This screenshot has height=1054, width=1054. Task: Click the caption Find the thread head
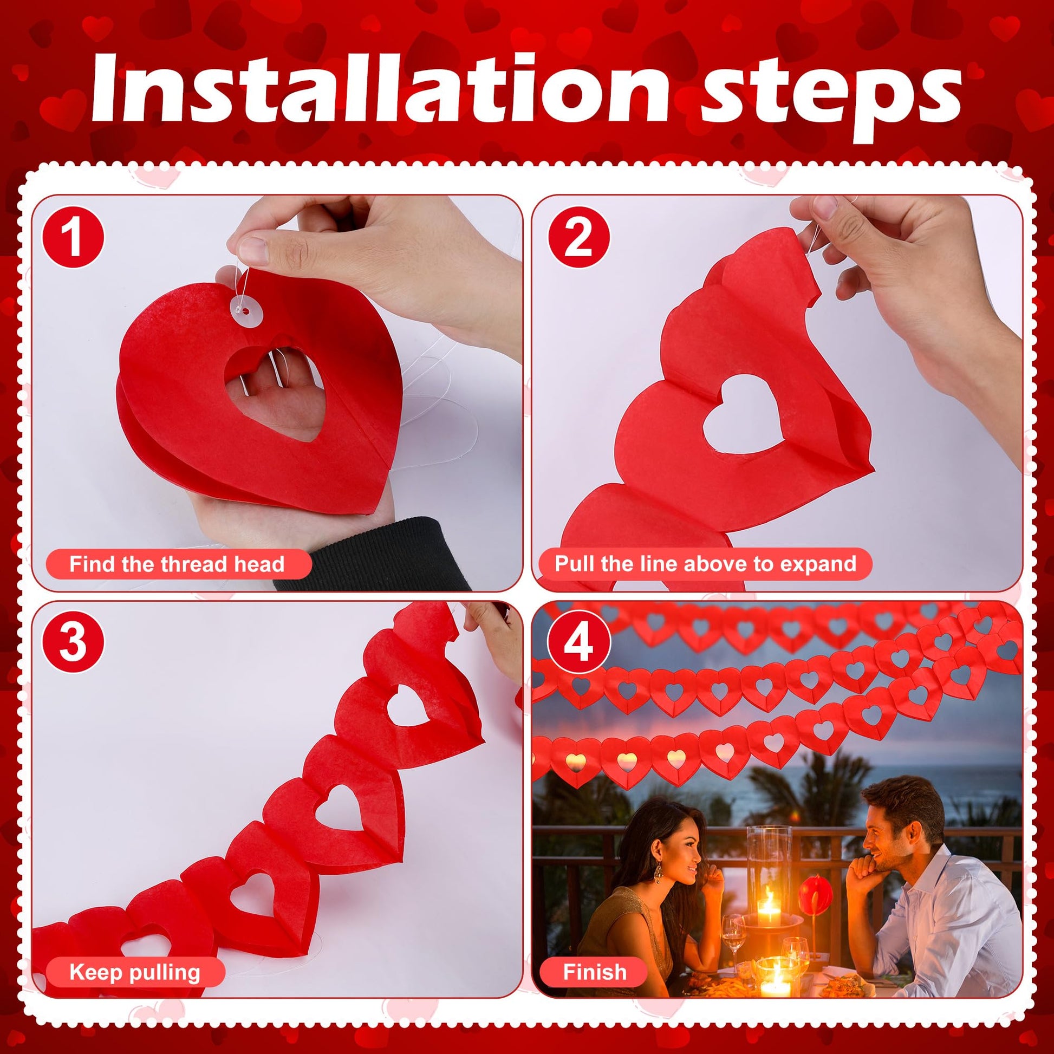click(x=177, y=564)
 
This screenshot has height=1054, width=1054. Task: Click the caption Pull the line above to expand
click(x=705, y=564)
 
